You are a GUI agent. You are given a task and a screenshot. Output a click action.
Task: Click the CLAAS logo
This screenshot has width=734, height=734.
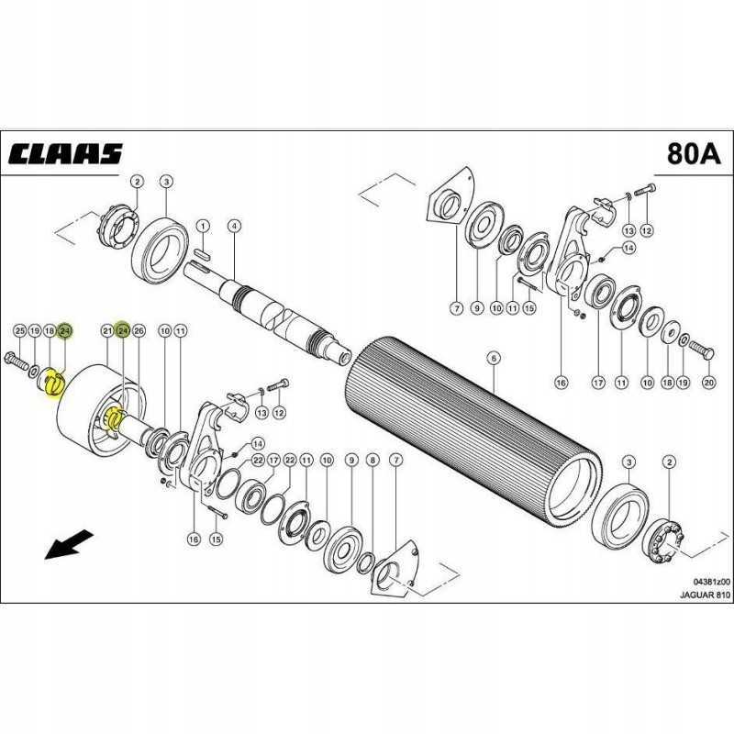66,153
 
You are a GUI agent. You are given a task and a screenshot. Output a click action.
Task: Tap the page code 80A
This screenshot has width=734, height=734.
689,153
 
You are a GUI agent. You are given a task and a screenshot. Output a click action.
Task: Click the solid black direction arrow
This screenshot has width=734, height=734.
66,544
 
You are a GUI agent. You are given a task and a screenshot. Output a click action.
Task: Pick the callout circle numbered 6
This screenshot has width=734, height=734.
492,357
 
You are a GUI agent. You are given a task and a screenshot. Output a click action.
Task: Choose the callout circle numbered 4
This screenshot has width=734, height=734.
234,226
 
